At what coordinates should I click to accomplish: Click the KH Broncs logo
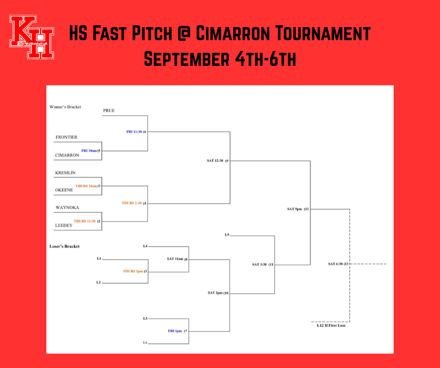pos(31,37)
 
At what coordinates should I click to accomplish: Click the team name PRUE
pos(109,111)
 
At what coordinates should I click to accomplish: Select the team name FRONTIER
pos(66,137)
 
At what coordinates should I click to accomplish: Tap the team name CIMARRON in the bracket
pos(67,155)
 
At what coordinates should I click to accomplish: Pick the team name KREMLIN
pos(66,173)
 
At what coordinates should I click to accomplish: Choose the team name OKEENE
pos(65,190)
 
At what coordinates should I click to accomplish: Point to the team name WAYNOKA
pos(66,207)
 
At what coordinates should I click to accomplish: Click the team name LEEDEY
pos(64,225)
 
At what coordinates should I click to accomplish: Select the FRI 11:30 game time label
pos(134,132)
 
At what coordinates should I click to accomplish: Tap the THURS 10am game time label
pos(86,186)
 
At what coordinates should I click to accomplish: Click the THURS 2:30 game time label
pos(132,203)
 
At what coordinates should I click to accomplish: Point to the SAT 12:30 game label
pos(215,161)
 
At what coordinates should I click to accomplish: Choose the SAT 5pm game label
pos(295,209)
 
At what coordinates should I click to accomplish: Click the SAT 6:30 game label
pos(337,264)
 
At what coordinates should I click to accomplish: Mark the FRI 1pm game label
pos(175,331)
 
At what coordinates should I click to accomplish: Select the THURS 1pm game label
pos(132,271)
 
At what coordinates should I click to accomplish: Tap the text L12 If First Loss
pos(331,326)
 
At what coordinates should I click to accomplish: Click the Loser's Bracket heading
pos(65,246)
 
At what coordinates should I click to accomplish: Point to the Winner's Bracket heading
pos(65,107)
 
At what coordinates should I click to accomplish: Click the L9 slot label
pos(227,234)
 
